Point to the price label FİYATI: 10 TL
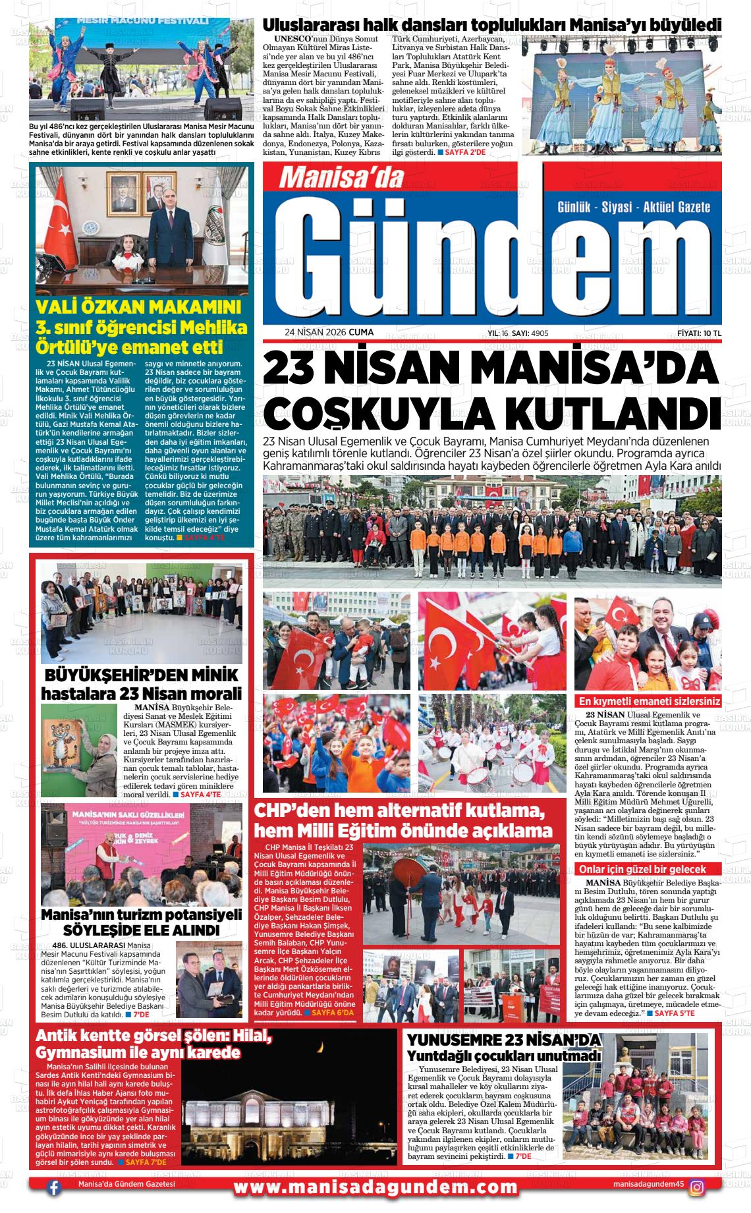[699, 333]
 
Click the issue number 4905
[540, 333]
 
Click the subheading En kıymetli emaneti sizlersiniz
[648, 701]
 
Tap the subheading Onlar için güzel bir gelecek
[642, 869]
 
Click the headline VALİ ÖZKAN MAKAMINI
[138, 307]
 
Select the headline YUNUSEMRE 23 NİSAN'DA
[504, 1040]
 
